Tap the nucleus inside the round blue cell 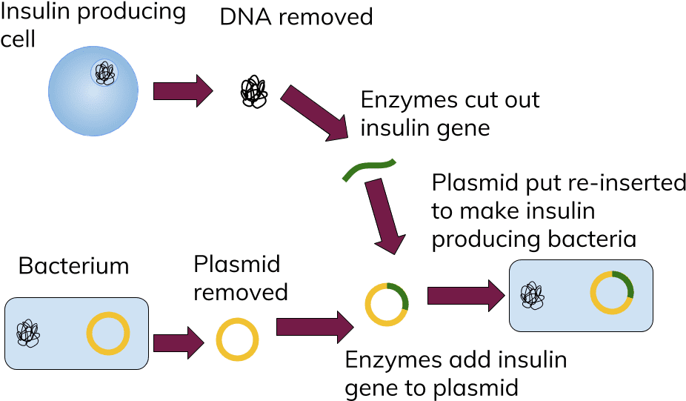(104, 73)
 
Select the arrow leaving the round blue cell (182, 91)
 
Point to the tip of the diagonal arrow (346, 138)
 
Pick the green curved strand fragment (369, 170)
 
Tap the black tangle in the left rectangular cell (28, 334)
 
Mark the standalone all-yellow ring (237, 339)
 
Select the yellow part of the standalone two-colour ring (374, 315)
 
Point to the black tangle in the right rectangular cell (532, 295)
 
